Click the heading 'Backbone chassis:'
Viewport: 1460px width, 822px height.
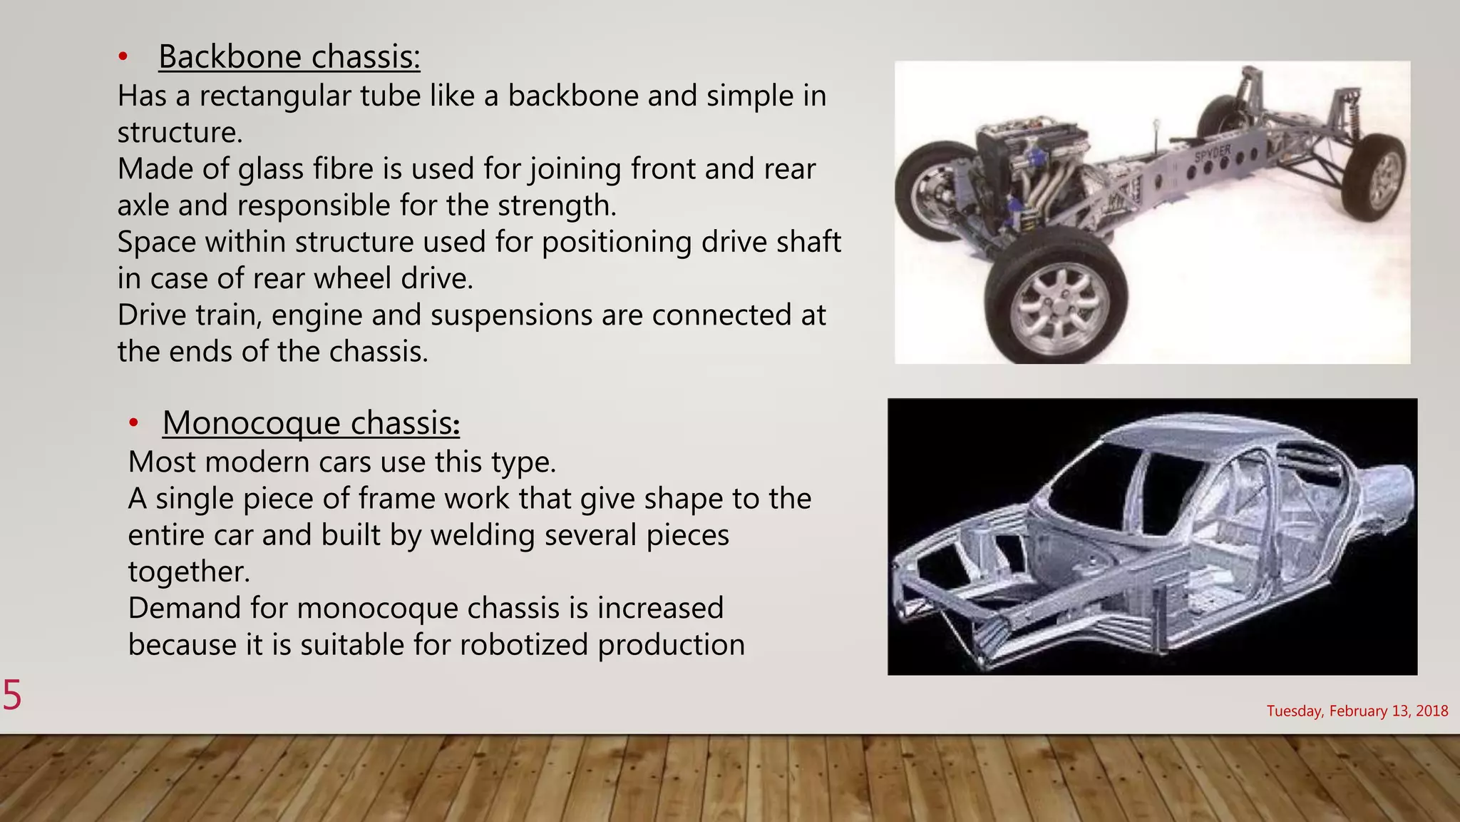(x=289, y=56)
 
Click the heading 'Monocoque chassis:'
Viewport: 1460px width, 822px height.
(x=311, y=422)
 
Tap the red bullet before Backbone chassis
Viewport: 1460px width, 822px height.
(x=123, y=57)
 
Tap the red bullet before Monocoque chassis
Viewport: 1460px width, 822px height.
(x=133, y=423)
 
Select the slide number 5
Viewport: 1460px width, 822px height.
(x=12, y=695)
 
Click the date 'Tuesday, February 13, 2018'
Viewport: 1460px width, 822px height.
(x=1357, y=711)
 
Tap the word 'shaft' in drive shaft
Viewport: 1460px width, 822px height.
(x=807, y=242)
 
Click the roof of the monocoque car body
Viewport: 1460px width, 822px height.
(x=1205, y=432)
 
